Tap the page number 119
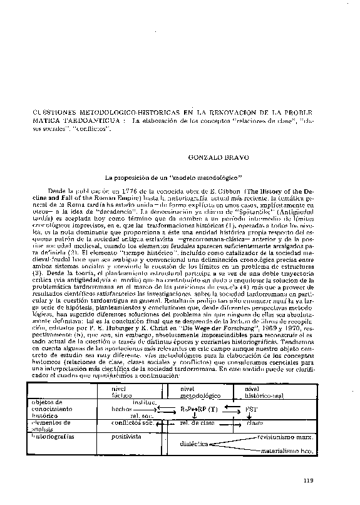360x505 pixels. coord(307,481)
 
